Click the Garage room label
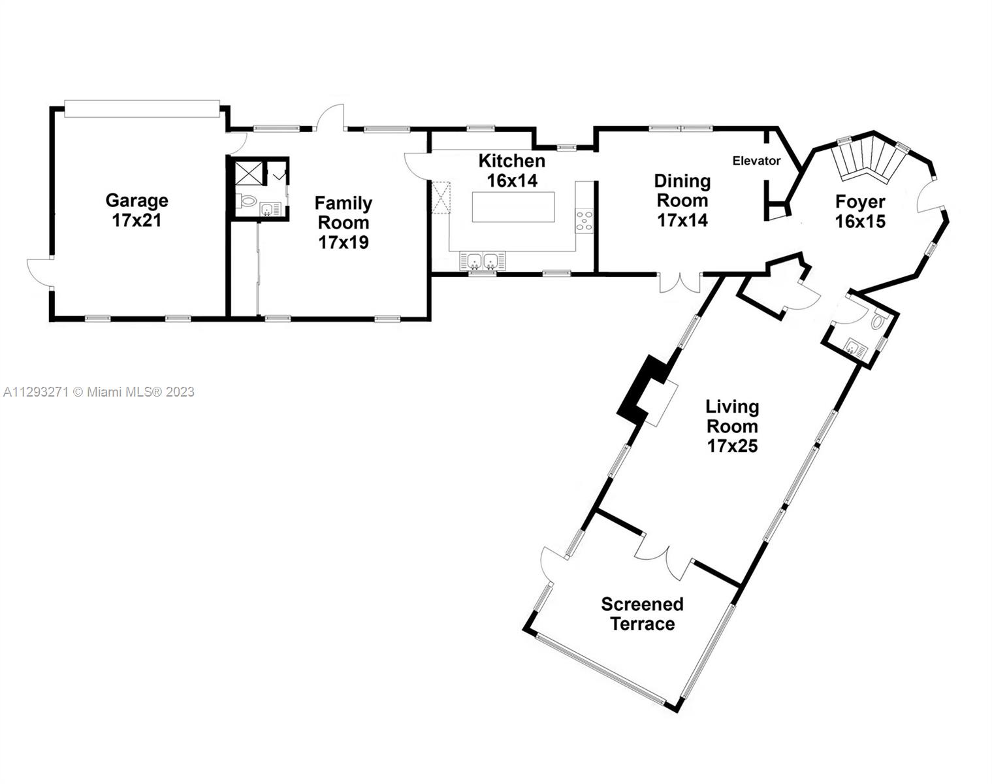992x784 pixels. (137, 210)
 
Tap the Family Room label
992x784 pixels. (344, 222)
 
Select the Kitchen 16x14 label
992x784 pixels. (511, 171)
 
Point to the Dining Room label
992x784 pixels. (682, 201)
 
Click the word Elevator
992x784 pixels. (756, 161)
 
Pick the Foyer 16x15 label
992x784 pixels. (860, 212)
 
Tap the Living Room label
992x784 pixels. (733, 426)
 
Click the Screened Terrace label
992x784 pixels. (642, 614)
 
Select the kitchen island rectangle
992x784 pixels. (513, 207)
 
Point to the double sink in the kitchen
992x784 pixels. (483, 261)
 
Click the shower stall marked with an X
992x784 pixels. (248, 173)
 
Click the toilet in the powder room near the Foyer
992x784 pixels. (878, 321)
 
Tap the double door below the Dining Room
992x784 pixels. (680, 283)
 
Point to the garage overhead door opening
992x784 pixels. (142, 108)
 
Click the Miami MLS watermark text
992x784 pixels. (99, 392)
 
